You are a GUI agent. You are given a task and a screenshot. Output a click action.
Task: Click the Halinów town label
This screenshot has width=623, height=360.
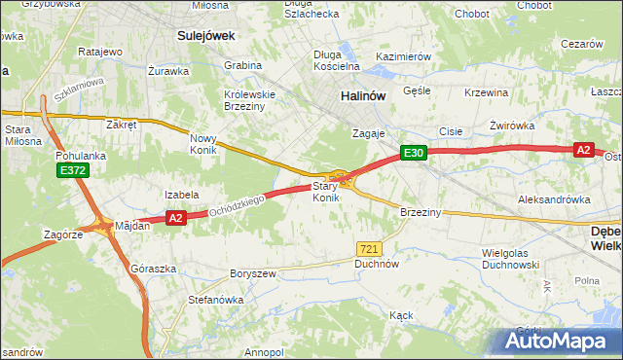(364, 96)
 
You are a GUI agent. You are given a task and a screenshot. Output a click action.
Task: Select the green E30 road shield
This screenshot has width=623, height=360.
(414, 153)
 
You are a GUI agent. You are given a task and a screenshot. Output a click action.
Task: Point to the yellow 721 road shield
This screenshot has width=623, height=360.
(368, 249)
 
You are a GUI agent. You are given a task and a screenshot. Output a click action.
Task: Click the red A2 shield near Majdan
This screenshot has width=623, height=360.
(175, 219)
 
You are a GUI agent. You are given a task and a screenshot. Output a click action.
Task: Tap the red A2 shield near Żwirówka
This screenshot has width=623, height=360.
(583, 149)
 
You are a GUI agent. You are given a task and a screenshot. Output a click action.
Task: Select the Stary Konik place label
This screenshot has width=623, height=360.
(325, 192)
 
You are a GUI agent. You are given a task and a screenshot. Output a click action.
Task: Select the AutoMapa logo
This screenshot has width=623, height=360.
(558, 341)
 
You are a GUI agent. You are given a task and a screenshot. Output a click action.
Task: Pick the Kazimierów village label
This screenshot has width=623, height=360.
(403, 57)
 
